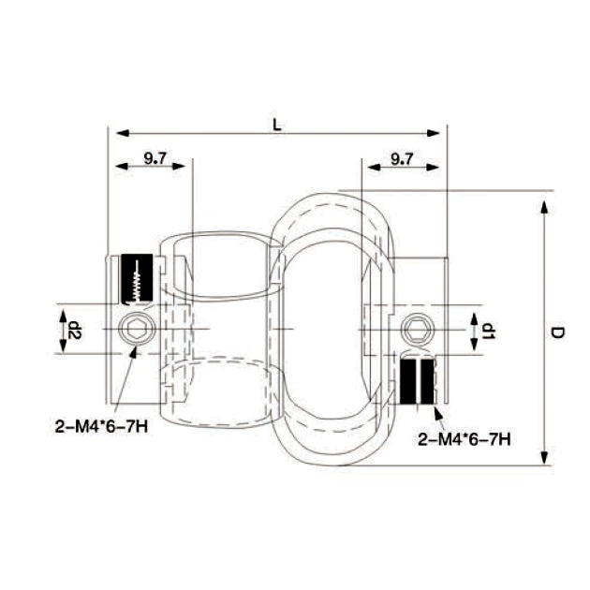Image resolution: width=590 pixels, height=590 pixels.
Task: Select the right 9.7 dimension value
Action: (401, 157)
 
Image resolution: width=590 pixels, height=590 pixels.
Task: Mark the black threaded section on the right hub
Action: (418, 381)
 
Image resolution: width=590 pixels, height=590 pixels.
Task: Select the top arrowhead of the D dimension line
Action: (544, 204)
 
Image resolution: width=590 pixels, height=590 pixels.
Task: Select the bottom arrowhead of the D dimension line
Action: (544, 458)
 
